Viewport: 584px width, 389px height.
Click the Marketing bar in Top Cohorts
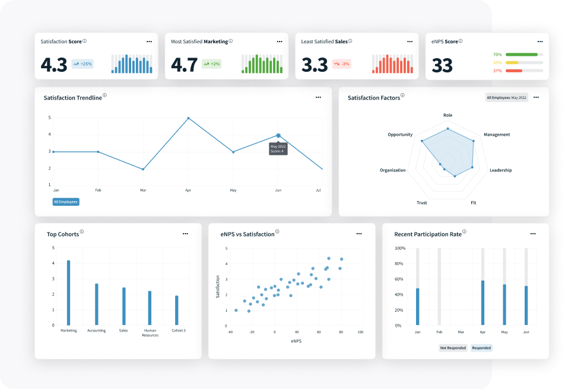pos(69,292)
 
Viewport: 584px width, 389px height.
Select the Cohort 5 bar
pos(176,310)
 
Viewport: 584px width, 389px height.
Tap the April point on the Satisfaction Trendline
pos(188,118)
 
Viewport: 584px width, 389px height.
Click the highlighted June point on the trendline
pos(278,136)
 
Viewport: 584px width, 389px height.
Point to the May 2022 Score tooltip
pos(278,148)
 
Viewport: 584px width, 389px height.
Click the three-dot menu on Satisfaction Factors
pos(536,97)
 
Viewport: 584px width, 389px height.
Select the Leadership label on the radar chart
pos(500,170)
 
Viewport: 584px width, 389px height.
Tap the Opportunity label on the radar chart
pos(400,135)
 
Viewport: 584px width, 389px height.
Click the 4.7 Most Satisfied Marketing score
pos(184,65)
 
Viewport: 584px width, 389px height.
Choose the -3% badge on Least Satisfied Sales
pos(341,63)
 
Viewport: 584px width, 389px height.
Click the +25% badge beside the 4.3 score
pos(82,63)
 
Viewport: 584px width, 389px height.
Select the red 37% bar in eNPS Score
pos(514,71)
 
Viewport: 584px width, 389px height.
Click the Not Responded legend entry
pos(452,347)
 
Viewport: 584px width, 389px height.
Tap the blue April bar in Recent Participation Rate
pos(483,302)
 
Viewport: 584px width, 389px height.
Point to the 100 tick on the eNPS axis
pos(360,332)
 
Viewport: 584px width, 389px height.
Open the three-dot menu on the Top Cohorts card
pos(185,234)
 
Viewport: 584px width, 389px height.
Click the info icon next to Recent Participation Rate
pos(464,232)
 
